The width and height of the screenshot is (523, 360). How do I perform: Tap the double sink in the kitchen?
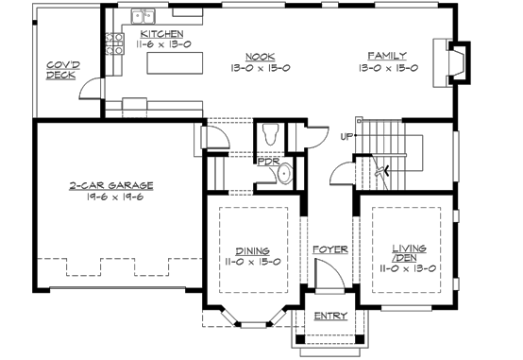click(x=144, y=16)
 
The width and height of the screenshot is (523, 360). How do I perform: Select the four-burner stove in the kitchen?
click(x=118, y=41)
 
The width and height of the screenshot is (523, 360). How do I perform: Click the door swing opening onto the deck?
click(x=92, y=89)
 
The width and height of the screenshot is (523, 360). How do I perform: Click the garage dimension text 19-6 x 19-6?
click(x=110, y=197)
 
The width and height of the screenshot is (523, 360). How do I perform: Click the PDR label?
click(x=267, y=162)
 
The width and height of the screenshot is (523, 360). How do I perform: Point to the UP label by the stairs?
click(x=346, y=136)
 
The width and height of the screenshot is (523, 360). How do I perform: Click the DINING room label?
click(x=251, y=251)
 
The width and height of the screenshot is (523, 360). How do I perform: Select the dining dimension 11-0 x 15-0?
click(x=251, y=263)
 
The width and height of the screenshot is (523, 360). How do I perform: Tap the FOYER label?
click(x=330, y=250)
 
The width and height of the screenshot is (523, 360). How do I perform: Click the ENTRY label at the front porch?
click(x=330, y=316)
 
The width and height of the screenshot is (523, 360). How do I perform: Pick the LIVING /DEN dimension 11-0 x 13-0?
click(x=409, y=268)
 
